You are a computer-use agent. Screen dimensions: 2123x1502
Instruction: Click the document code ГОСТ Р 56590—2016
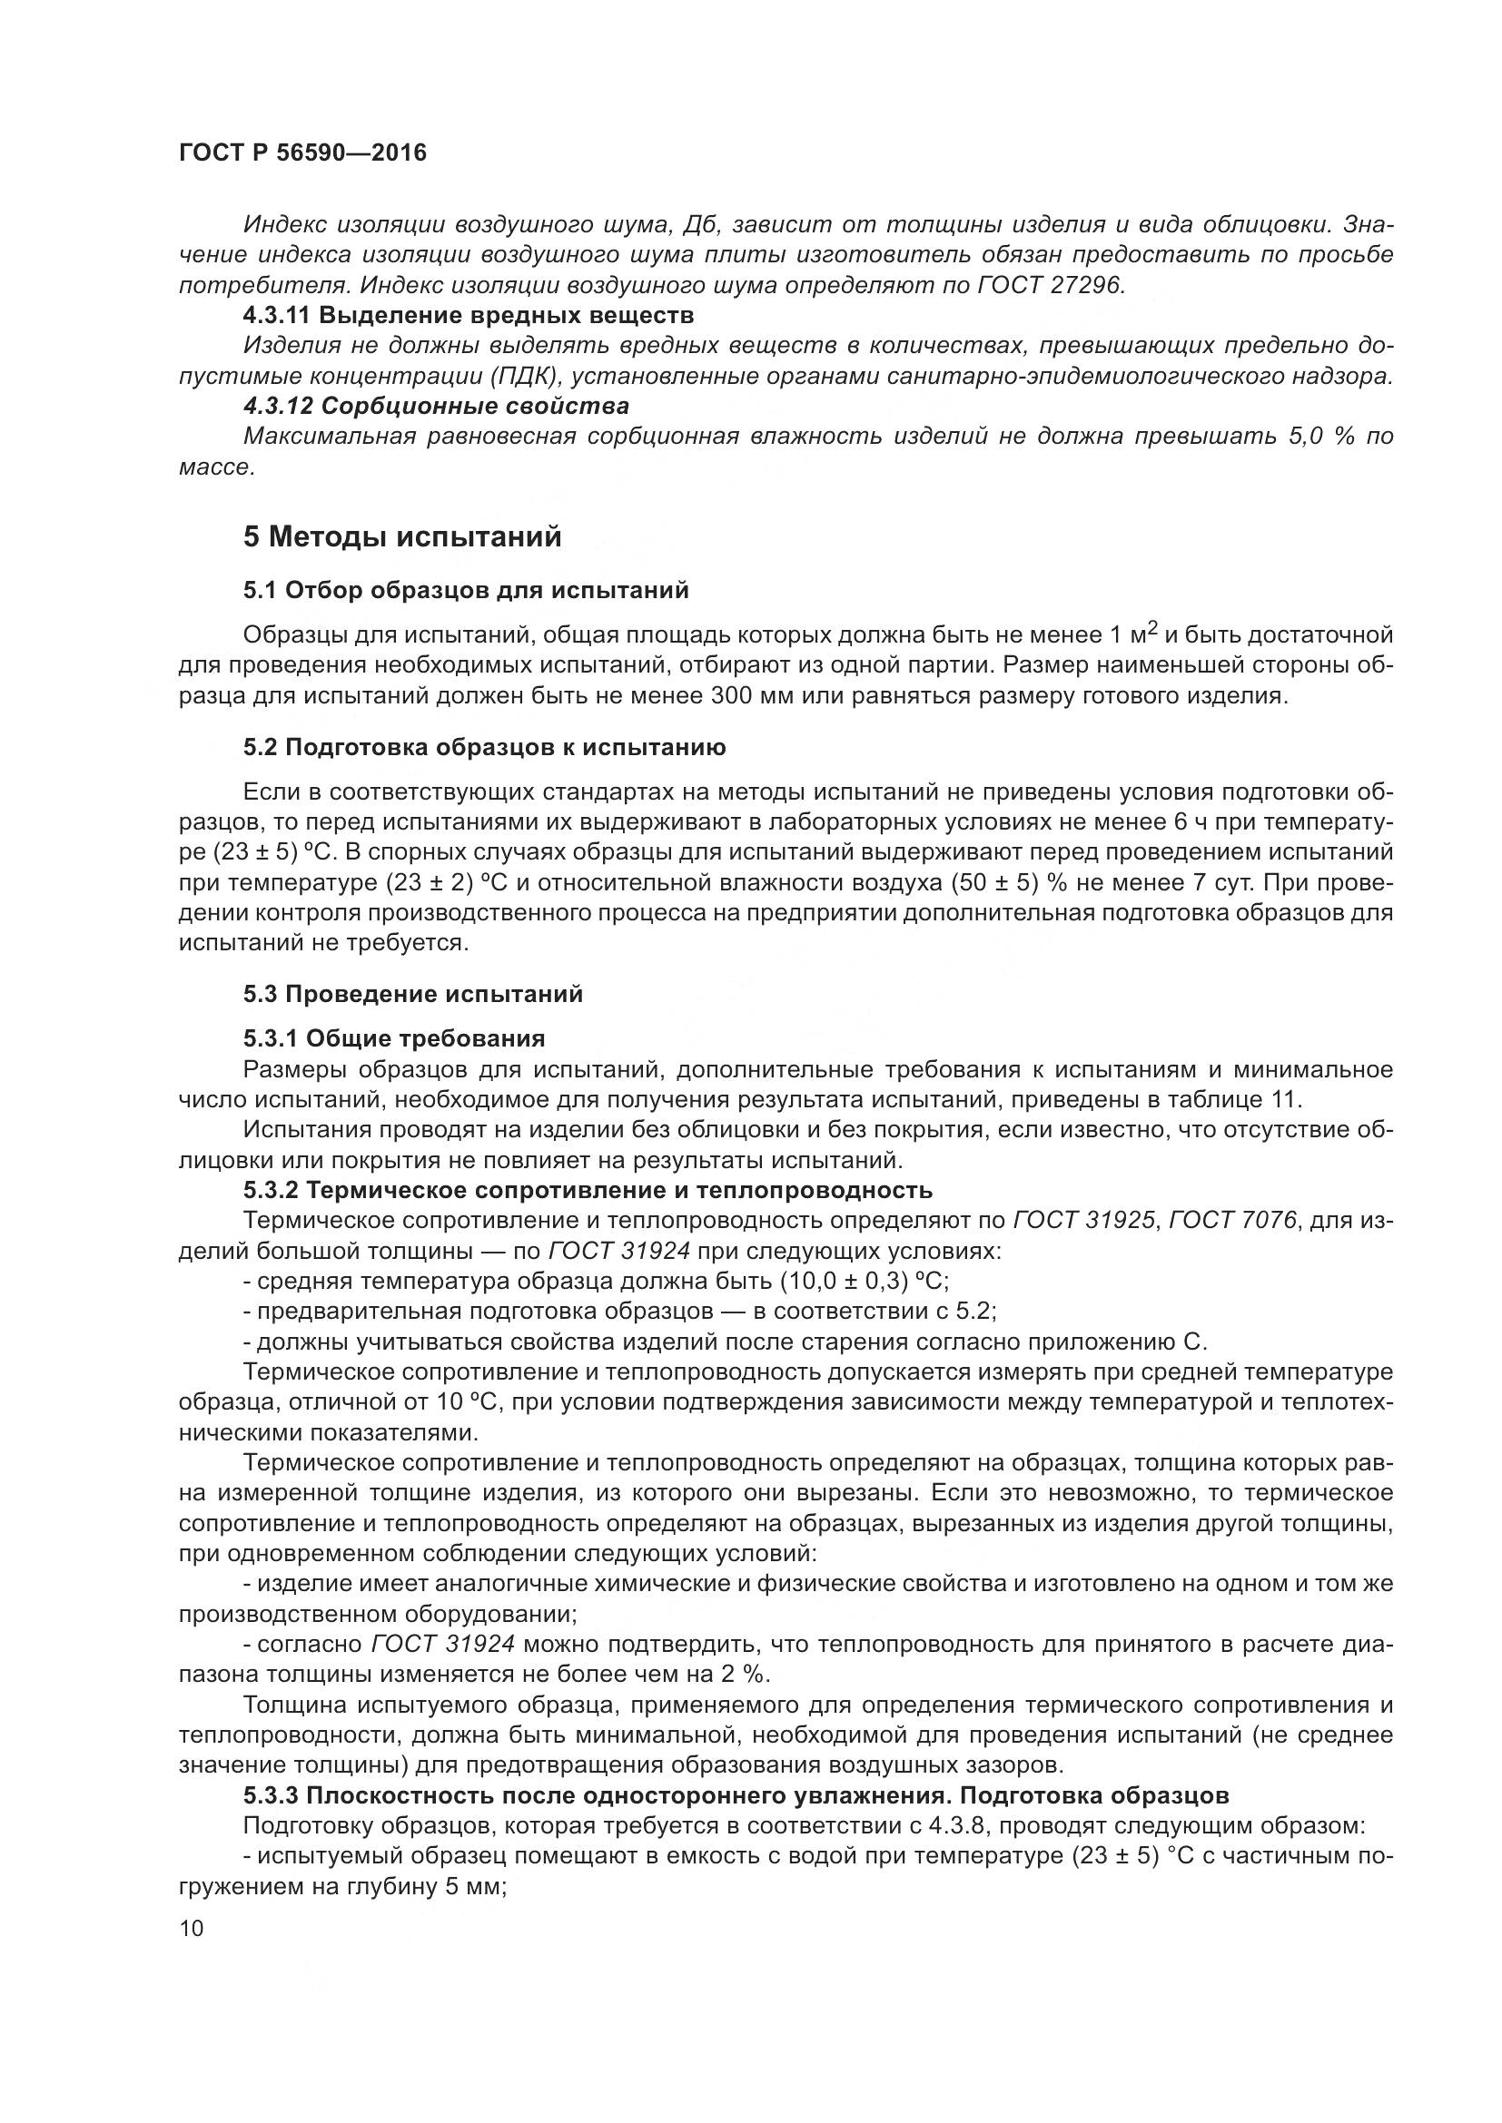(302, 153)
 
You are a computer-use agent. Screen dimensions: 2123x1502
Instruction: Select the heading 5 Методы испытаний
(402, 537)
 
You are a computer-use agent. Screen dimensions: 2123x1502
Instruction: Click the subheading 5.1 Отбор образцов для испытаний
(466, 590)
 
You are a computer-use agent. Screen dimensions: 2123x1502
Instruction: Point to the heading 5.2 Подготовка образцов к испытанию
(485, 747)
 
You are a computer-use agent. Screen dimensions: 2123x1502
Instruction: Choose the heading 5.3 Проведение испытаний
(413, 994)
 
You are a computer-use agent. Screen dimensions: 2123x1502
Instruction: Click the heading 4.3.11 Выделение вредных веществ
(469, 315)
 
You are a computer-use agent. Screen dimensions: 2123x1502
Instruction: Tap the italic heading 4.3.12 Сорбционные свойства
(437, 406)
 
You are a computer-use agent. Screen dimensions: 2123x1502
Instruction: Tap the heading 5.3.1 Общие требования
(394, 1038)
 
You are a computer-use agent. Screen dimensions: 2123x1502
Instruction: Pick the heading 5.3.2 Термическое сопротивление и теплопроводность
(588, 1190)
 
